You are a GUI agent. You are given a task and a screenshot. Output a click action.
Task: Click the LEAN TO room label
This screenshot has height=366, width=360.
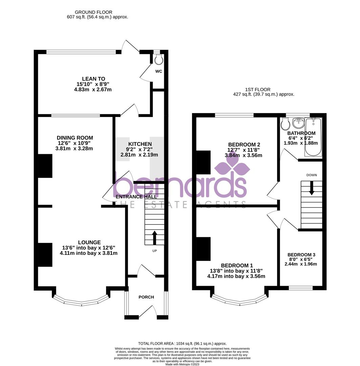93,79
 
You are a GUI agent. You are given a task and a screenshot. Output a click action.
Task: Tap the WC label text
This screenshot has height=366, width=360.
158,72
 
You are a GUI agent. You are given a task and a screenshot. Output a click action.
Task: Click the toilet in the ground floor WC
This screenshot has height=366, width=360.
158,60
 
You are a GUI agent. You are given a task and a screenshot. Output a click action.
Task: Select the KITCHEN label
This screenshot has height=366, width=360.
140,144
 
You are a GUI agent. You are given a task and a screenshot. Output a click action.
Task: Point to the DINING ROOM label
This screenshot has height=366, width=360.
75,138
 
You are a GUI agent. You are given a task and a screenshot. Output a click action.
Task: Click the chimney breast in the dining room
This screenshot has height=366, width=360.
45,166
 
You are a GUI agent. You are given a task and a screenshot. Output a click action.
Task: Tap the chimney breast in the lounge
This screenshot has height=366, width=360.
45,255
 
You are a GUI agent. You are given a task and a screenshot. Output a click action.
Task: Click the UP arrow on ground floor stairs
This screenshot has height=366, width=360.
154,238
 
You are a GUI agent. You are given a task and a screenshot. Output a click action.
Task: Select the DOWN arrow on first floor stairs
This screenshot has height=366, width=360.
312,188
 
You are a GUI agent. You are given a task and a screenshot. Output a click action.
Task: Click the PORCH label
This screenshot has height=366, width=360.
146,297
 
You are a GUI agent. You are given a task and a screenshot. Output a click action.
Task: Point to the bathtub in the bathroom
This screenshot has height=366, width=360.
313,137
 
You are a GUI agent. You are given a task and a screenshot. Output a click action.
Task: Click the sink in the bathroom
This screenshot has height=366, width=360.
298,123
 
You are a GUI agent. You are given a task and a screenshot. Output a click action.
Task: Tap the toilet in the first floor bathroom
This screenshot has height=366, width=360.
285,124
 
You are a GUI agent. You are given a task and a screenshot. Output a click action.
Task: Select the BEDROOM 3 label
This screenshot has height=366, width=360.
301,255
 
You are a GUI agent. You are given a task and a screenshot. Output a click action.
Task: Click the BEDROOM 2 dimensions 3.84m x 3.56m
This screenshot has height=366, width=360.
243,156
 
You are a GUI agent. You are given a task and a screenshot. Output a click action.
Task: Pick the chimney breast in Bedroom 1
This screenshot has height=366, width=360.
204,249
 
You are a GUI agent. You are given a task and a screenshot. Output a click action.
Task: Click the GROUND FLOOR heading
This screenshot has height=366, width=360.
93,12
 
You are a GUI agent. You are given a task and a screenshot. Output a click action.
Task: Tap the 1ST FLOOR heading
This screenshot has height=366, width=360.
258,89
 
